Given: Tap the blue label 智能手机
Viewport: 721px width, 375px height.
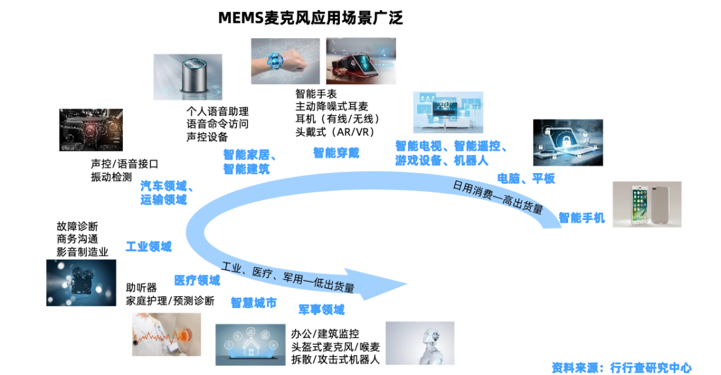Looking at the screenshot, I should (581, 217).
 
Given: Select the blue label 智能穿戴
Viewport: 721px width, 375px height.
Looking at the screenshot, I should (336, 153).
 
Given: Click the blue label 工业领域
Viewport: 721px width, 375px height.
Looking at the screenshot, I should (148, 247).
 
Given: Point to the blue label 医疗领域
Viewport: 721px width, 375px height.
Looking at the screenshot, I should (197, 279).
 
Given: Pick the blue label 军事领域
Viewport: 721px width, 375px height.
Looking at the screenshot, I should (321, 309).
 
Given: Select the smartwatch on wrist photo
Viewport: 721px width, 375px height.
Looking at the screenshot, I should (285, 61).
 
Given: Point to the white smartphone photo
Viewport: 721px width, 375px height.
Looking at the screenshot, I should (646, 203).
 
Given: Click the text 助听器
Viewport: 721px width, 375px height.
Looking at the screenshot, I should (142, 287).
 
